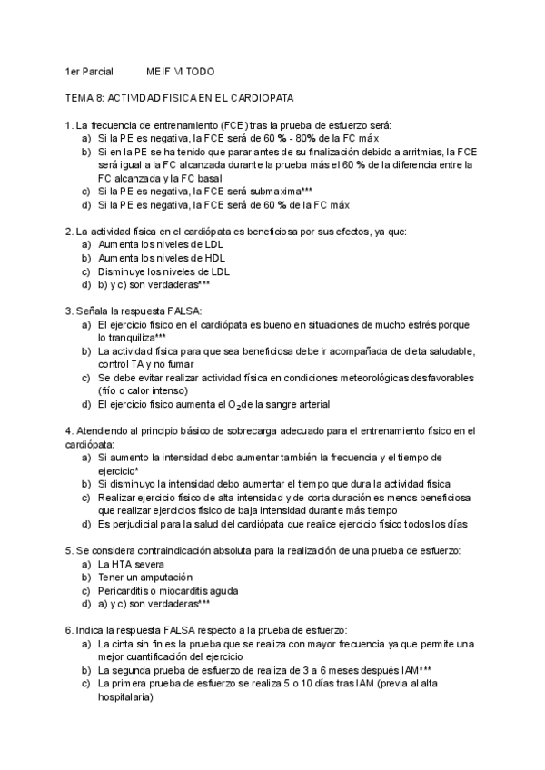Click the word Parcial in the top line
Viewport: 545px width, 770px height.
(95, 71)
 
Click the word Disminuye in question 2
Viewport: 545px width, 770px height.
(123, 271)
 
